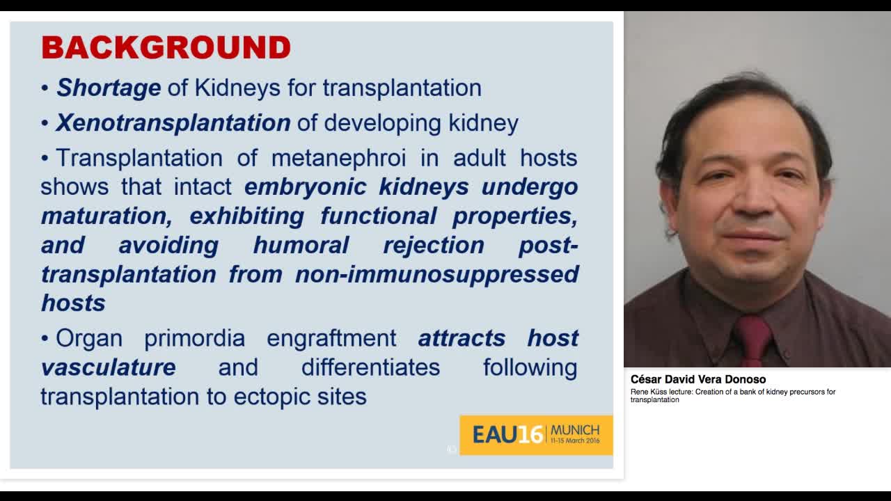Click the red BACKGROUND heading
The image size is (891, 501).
point(166,48)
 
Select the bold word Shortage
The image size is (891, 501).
point(109,88)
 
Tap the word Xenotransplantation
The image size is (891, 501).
point(173,122)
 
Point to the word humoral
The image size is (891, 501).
point(301,245)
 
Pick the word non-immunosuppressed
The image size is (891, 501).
point(436,274)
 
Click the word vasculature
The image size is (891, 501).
point(108,367)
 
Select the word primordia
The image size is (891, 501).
point(194,338)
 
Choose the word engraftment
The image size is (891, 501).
point(331,338)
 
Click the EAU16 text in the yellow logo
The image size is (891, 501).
point(507,435)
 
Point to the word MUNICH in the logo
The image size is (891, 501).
point(574,430)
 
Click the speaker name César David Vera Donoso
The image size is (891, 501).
point(697,379)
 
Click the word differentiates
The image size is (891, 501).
point(370,367)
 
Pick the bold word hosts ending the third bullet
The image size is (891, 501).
point(73,303)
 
